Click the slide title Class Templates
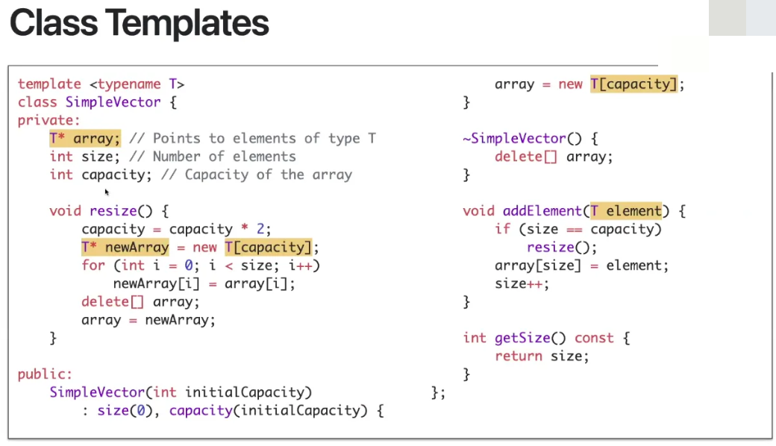(139, 23)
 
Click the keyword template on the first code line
(49, 84)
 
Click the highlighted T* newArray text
(125, 247)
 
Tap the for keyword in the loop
(93, 266)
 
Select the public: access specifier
(45, 374)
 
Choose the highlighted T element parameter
(625, 211)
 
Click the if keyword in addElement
(502, 229)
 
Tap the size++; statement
(522, 283)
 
